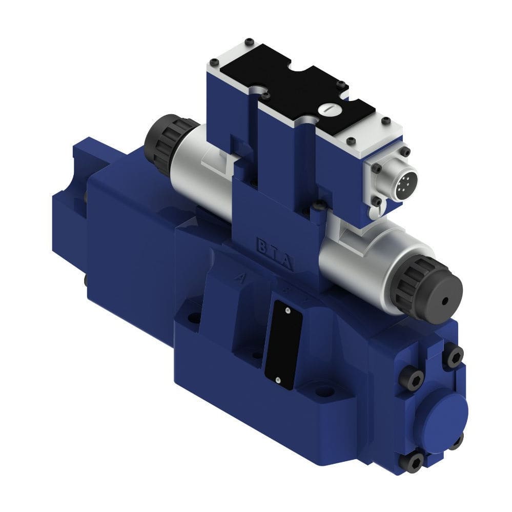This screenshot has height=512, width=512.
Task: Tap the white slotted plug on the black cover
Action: coord(325,109)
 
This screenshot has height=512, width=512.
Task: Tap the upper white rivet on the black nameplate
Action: coord(288,311)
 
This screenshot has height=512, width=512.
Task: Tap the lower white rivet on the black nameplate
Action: coord(277,380)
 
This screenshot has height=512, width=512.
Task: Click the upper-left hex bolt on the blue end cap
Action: coord(414,378)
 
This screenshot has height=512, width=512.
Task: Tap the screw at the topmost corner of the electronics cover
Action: coord(249,42)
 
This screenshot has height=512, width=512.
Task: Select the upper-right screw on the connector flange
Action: coord(405,152)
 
